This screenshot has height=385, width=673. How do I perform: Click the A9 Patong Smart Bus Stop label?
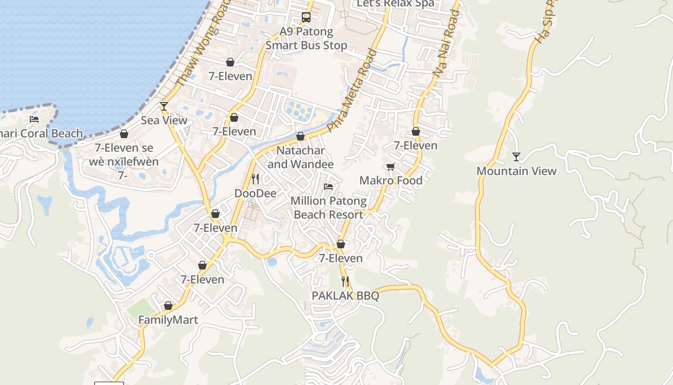(x=306, y=38)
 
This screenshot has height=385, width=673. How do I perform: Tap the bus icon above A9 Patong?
(x=306, y=17)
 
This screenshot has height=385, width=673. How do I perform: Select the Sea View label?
(x=164, y=120)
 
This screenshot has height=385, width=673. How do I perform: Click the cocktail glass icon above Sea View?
(x=164, y=106)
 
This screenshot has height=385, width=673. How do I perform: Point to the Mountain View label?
(x=516, y=171)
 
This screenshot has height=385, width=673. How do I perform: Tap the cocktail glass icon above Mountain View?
(x=516, y=157)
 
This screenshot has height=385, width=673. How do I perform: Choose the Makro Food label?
(x=391, y=180)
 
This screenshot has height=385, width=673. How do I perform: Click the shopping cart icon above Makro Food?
(x=391, y=167)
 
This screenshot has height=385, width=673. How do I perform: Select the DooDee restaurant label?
(x=255, y=193)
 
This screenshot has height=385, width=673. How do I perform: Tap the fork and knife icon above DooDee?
(x=255, y=179)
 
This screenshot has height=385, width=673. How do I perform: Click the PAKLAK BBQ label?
(x=345, y=295)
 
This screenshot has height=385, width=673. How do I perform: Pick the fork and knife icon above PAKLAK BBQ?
(x=345, y=281)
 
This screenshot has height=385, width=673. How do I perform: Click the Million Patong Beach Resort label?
(x=329, y=207)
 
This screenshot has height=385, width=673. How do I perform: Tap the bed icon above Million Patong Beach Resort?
(x=329, y=186)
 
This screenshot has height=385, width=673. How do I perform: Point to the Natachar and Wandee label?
(x=300, y=157)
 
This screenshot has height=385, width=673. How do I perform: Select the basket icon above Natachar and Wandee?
(x=300, y=137)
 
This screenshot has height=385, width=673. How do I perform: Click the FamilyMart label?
(x=168, y=320)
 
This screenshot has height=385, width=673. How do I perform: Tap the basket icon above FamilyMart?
(x=168, y=306)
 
